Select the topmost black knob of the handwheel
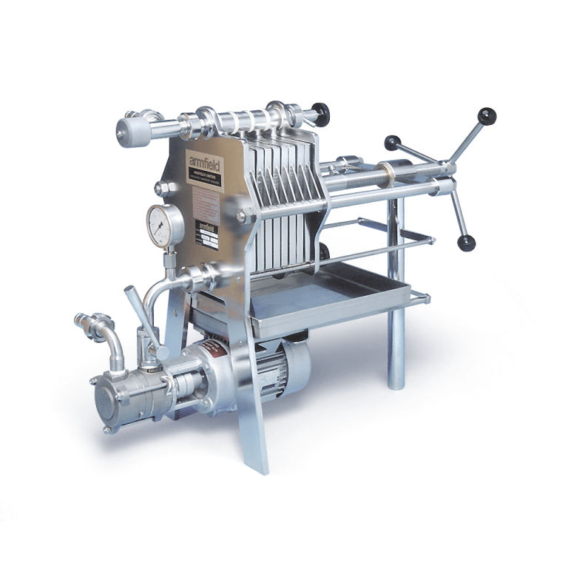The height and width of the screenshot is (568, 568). coord(487,116)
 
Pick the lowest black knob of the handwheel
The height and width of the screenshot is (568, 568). coord(467,243)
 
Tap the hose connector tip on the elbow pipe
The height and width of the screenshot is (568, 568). coord(85,322)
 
